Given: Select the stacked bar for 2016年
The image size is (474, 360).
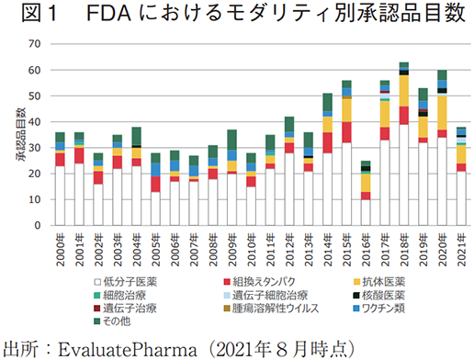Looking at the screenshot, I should pos(366,193).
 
